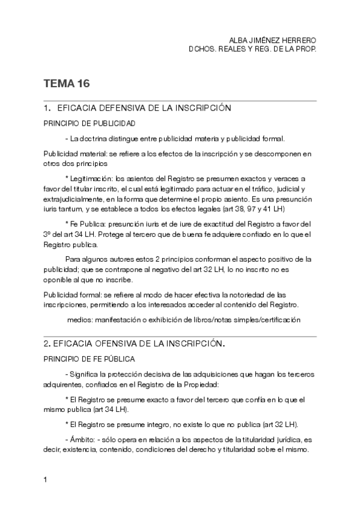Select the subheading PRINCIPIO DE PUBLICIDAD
click(x=89, y=123)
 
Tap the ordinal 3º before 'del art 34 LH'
click(x=47, y=233)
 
